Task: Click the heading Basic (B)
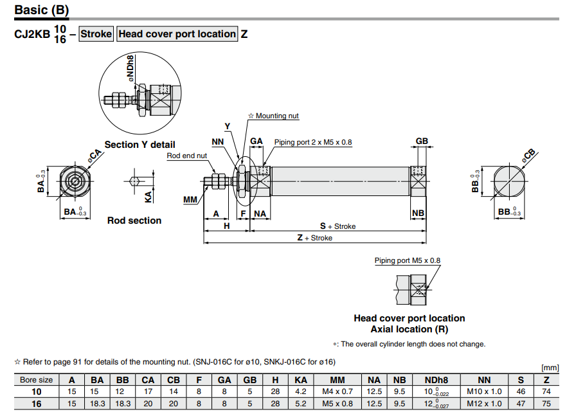coord(42,10)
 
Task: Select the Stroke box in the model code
coord(96,34)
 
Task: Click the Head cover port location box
coord(177,34)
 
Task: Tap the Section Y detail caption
coord(139,145)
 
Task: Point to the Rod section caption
coord(134,221)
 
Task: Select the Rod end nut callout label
coord(187,156)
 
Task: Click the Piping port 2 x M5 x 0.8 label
coord(313,142)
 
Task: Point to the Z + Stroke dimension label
coord(314,238)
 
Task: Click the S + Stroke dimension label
coord(337,226)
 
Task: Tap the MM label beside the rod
coord(190,200)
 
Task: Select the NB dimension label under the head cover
coord(418,213)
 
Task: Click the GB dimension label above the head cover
coord(422,141)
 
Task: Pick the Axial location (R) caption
coord(410,329)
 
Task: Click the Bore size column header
coord(36,380)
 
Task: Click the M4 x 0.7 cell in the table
coord(337,392)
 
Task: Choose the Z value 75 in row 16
coord(546,404)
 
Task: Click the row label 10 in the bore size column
coord(36,392)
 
